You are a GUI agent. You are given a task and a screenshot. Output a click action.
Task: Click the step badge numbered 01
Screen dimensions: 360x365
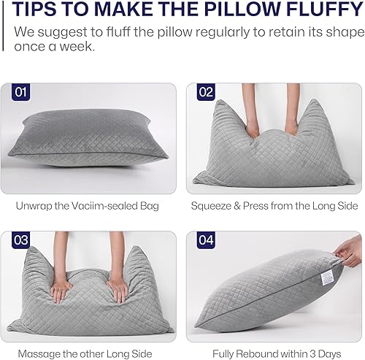20,93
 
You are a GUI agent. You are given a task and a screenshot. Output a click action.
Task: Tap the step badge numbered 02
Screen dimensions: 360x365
204,93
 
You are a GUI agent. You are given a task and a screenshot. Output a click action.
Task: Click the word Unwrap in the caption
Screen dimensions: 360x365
33,205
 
